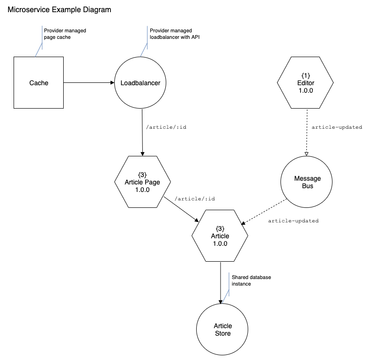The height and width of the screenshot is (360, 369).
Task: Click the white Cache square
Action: pos(38,82)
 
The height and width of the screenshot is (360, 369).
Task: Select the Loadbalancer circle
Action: pos(140,82)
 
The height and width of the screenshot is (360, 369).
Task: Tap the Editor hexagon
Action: pos(305,82)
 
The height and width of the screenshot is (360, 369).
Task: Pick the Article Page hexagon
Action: pos(142,182)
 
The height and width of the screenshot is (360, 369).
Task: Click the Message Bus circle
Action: pos(307,182)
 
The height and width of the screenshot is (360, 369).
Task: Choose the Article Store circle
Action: pos(222,330)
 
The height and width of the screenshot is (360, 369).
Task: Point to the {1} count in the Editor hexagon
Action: pos(305,75)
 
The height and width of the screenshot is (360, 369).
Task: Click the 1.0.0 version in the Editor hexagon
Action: pos(305,90)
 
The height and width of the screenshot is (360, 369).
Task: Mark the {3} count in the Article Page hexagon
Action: pos(142,175)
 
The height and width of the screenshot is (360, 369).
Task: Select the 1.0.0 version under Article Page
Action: pos(142,190)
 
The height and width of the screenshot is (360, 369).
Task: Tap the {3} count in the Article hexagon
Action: pos(220,228)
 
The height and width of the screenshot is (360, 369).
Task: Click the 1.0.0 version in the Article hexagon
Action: pos(220,243)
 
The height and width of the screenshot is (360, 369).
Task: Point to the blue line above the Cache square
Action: pos(42,35)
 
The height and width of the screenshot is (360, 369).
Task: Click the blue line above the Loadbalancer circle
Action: pos(147,35)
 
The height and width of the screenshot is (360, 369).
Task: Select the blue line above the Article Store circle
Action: pos(229,282)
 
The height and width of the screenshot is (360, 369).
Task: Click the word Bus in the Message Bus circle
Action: pos(308,186)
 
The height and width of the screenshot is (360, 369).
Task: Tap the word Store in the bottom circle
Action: pos(223,333)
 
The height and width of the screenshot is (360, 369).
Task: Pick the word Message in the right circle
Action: pos(308,178)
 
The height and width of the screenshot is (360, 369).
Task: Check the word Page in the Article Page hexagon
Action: pos(152,182)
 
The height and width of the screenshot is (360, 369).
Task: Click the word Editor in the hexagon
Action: pos(306,83)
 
